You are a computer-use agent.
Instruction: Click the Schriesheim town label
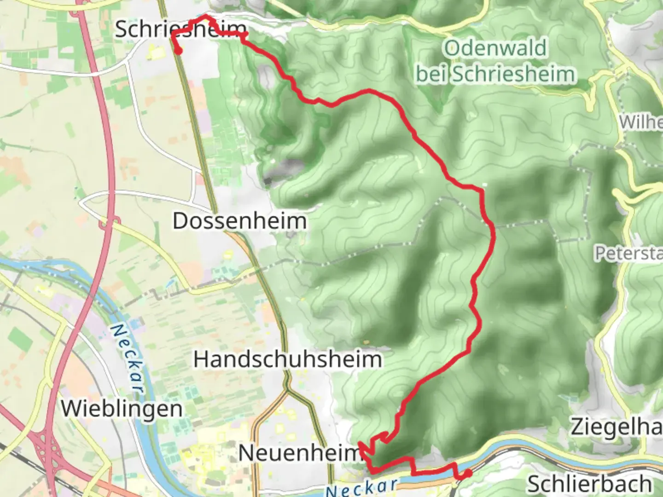(180, 29)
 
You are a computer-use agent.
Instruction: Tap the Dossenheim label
(239, 221)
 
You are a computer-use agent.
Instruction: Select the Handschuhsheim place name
(288, 359)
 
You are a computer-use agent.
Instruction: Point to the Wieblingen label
(122, 409)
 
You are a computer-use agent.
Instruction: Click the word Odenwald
(495, 48)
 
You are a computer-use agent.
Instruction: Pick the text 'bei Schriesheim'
(495, 74)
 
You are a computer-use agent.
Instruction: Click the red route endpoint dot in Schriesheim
(178, 51)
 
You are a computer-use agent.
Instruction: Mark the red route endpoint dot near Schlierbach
(468, 473)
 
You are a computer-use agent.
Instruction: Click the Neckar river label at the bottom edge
(361, 487)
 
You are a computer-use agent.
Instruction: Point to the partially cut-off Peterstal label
(628, 253)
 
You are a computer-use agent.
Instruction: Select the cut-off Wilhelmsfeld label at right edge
(641, 122)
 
